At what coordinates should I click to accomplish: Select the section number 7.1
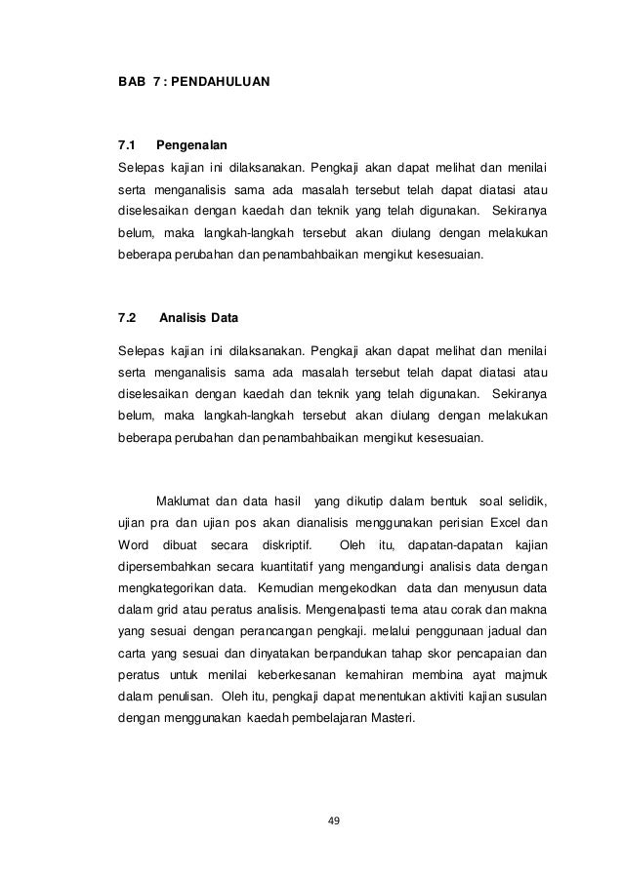click(x=127, y=144)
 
